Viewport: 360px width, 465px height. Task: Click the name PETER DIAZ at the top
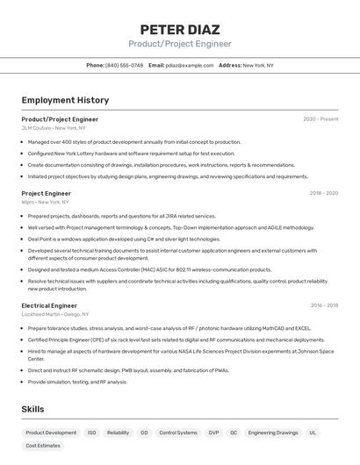(x=180, y=29)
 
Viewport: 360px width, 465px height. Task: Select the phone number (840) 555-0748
(x=124, y=65)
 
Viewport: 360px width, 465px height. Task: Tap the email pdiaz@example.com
(x=190, y=65)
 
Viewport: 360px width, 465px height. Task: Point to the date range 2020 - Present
(x=320, y=119)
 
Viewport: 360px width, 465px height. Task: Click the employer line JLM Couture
(x=49, y=128)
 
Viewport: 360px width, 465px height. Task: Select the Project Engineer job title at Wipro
(x=47, y=193)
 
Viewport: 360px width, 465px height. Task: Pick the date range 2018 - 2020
(x=323, y=193)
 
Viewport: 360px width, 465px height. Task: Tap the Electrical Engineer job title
(x=49, y=305)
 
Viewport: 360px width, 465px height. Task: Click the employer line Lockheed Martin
(x=55, y=314)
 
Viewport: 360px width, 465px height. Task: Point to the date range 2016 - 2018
(x=324, y=305)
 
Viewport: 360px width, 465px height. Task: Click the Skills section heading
(x=32, y=409)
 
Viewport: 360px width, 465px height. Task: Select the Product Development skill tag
(x=51, y=433)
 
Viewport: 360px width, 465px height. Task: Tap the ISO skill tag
(x=91, y=433)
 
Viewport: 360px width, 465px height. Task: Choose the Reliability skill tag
(x=118, y=433)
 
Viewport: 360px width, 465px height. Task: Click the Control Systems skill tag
(x=177, y=433)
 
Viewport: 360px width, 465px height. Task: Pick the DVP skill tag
(x=213, y=433)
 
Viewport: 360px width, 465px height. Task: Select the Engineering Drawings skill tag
(x=273, y=433)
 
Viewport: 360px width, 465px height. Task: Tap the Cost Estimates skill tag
(x=43, y=446)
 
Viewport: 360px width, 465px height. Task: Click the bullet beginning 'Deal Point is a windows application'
(x=124, y=239)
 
